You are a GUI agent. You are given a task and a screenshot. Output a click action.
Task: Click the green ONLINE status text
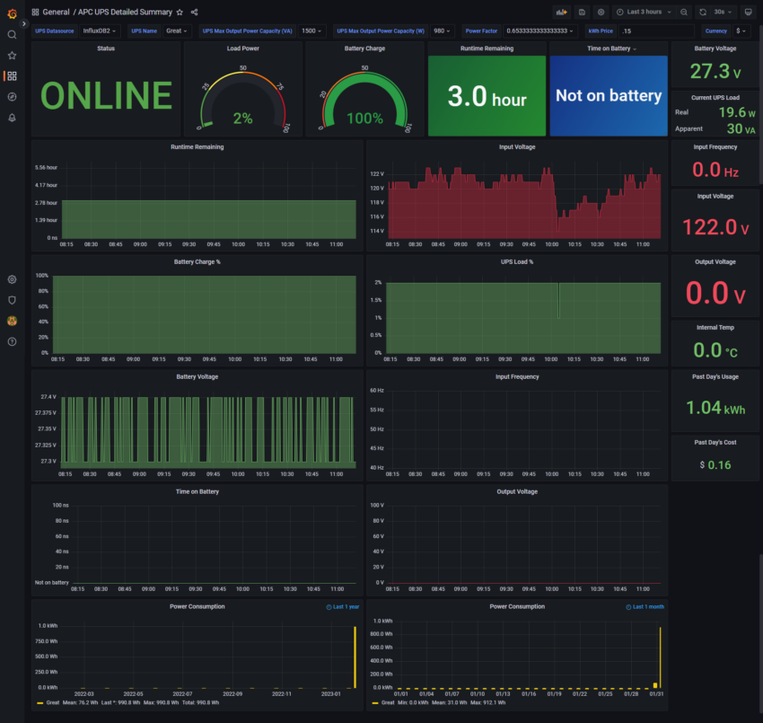point(106,96)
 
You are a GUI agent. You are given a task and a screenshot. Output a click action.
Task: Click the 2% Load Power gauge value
point(242,119)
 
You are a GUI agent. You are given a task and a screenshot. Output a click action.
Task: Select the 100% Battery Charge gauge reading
point(364,119)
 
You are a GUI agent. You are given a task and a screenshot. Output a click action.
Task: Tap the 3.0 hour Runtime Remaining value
point(487,96)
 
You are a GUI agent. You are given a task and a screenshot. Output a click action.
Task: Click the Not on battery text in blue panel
point(609,95)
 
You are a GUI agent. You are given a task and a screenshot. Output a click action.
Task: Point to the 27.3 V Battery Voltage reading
point(716,72)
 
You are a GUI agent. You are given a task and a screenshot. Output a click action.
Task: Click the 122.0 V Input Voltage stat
point(715,226)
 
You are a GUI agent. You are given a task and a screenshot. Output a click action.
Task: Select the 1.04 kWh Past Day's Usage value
point(715,407)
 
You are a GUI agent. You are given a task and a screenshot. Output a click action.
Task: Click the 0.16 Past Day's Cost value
point(718,465)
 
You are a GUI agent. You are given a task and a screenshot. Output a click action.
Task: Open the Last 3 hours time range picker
point(645,12)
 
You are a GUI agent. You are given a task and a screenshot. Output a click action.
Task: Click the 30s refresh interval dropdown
point(723,12)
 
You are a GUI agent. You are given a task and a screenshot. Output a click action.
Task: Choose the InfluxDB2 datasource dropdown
point(100,31)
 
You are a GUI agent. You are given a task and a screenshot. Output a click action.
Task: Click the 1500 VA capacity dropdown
point(312,31)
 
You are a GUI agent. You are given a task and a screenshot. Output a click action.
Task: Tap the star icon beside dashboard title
point(180,12)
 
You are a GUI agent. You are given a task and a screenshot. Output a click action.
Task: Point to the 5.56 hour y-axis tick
point(46,168)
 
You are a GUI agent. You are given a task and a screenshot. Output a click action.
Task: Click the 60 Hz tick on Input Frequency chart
point(375,392)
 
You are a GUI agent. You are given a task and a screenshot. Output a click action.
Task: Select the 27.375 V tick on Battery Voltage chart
point(44,412)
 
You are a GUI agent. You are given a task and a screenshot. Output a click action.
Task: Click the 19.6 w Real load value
point(737,112)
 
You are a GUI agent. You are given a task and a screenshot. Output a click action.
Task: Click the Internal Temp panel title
point(715,328)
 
